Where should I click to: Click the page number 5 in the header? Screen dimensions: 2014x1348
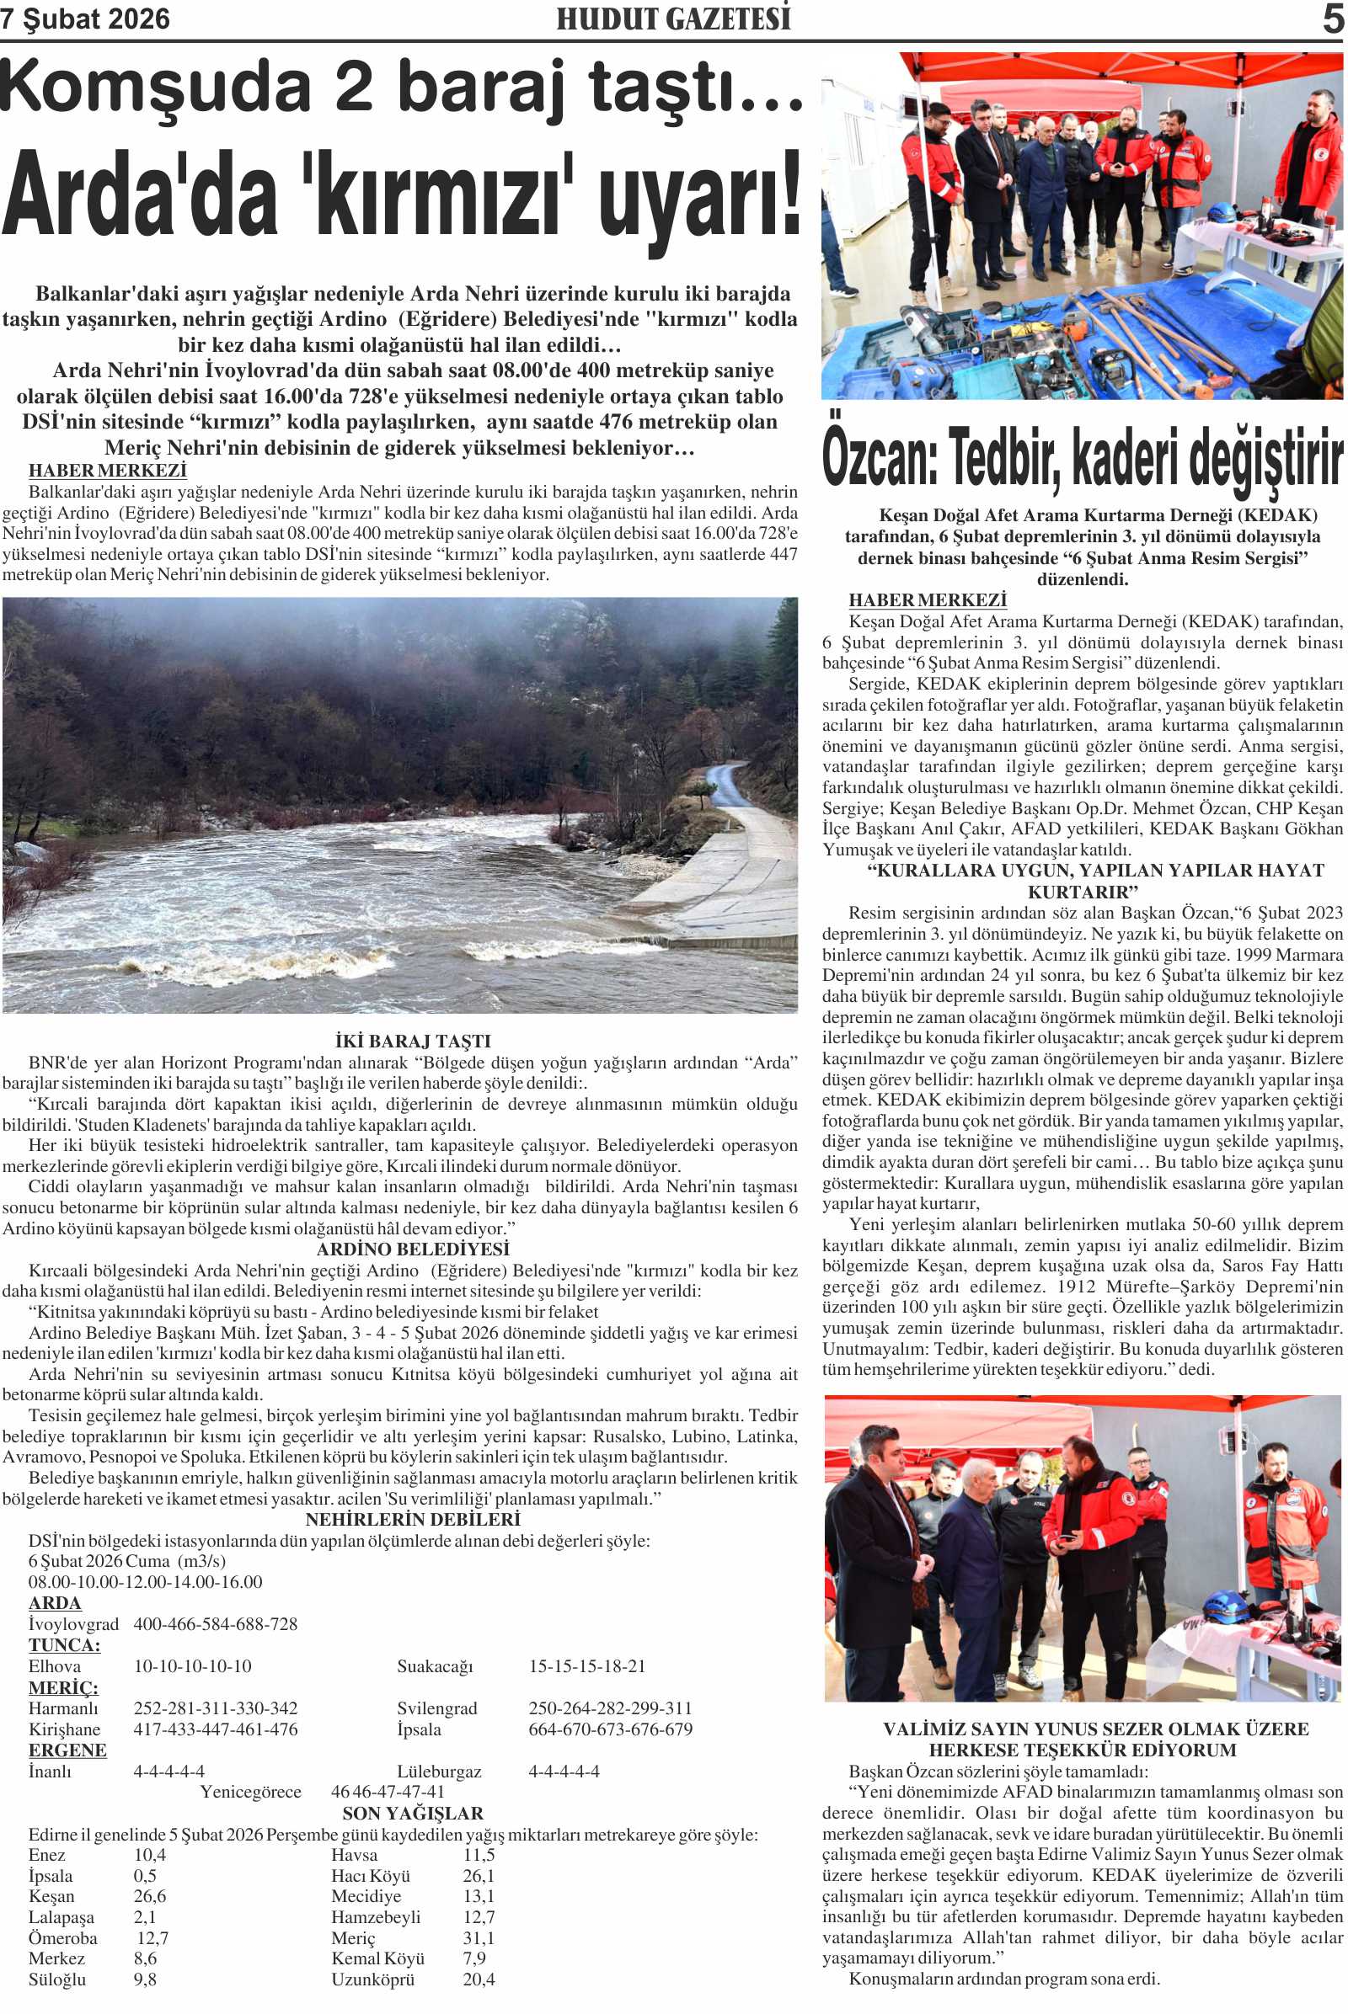[x=1334, y=19]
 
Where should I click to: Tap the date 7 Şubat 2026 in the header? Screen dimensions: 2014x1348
[x=85, y=19]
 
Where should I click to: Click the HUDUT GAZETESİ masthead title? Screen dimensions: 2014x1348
[x=673, y=19]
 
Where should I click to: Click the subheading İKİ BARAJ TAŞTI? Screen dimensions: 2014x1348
[x=413, y=1042]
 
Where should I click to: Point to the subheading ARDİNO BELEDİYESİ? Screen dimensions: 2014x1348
[x=413, y=1249]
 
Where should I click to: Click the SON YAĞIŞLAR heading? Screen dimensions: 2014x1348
[x=413, y=1813]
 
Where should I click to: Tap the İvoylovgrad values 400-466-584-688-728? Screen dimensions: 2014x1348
[x=215, y=1624]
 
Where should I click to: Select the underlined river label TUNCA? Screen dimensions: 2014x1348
[x=64, y=1644]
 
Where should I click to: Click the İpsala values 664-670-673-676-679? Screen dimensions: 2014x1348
[x=610, y=1729]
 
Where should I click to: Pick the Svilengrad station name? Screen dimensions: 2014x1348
[x=436, y=1708]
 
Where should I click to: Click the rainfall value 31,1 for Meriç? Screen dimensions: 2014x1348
[x=479, y=1937]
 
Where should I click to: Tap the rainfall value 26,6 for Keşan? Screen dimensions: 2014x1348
[x=150, y=1895]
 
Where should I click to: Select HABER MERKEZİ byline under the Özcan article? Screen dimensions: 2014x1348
[x=927, y=599]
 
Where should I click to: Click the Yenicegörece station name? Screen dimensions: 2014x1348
[x=250, y=1792]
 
